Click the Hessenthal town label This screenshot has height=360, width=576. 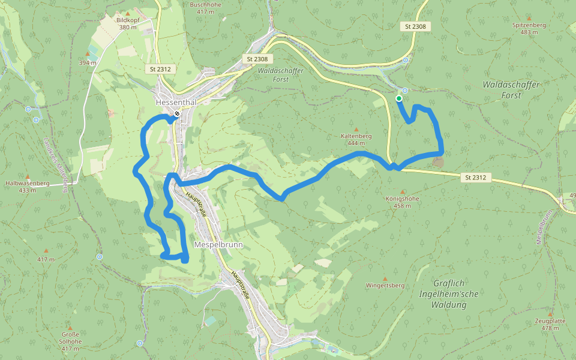(176, 102)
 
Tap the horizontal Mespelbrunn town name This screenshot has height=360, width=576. (217, 245)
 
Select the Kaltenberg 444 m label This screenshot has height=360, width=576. (356, 139)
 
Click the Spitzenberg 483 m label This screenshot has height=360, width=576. (529, 28)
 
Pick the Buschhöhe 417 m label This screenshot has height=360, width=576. (206, 7)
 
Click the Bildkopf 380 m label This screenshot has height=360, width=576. (128, 23)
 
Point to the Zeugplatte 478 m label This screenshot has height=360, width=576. (550, 324)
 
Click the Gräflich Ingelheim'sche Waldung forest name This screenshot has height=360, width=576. (449, 293)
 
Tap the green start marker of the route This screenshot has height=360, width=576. (398, 98)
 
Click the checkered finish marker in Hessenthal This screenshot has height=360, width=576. (177, 114)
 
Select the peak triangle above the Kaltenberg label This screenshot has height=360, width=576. (356, 129)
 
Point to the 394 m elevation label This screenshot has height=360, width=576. (88, 62)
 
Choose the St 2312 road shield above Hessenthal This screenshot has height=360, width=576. (160, 69)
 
